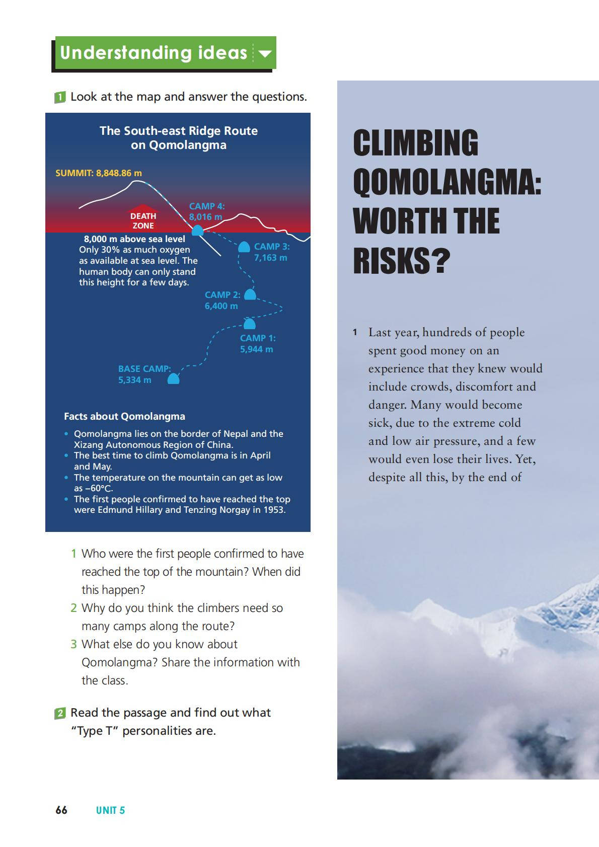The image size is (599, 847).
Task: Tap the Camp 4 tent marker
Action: (x=197, y=230)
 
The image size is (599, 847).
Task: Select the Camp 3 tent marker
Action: (x=244, y=247)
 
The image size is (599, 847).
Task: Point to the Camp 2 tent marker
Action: (x=250, y=294)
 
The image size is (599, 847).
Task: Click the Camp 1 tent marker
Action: (x=249, y=323)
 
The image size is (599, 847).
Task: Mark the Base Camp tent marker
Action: (x=173, y=378)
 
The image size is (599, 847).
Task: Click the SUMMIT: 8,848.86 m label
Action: (x=99, y=173)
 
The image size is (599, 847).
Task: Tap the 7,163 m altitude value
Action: (x=270, y=258)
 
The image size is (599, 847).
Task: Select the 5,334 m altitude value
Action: (x=134, y=380)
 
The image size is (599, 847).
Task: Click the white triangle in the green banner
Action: (x=265, y=53)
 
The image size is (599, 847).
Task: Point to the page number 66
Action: (x=61, y=810)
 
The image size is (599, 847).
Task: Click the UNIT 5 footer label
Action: (x=110, y=810)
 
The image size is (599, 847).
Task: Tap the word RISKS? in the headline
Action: (x=401, y=261)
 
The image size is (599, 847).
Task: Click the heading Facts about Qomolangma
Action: (x=124, y=416)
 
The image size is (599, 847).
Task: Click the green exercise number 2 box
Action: (x=60, y=713)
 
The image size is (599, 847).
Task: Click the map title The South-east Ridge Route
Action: (x=178, y=131)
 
